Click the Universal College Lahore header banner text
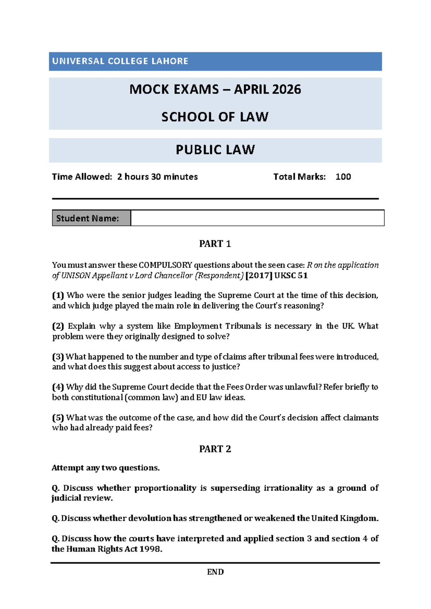120,61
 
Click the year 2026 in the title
286,89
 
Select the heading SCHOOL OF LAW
215,117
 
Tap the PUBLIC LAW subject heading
215,150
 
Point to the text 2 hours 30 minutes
157,177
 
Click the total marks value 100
343,177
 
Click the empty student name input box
257,218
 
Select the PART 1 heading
215,244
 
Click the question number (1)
58,296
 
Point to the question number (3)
58,357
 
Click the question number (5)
58,418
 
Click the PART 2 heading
215,449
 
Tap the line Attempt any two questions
106,468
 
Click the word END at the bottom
215,572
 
